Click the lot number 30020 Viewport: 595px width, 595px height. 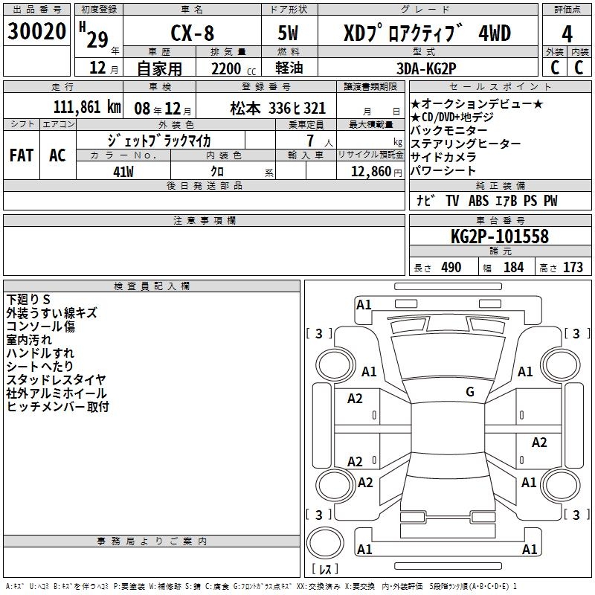coord(36,32)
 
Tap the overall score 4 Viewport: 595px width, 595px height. coord(567,33)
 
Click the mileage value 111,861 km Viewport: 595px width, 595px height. coord(86,107)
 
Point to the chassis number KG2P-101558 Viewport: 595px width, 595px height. coord(500,237)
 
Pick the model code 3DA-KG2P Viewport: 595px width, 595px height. coord(427,68)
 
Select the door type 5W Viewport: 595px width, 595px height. coord(289,33)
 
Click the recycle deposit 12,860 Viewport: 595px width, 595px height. coord(370,170)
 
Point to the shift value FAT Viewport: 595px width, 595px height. coord(21,155)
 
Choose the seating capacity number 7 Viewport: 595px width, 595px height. coord(309,140)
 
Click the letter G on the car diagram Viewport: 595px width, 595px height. coord(470,392)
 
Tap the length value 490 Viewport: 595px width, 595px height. coord(451,267)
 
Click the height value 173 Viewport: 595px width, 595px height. coord(573,267)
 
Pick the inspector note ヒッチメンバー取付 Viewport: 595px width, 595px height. coord(58,406)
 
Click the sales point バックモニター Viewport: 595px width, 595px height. coord(449,130)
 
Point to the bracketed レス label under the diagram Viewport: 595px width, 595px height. coord(324,570)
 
